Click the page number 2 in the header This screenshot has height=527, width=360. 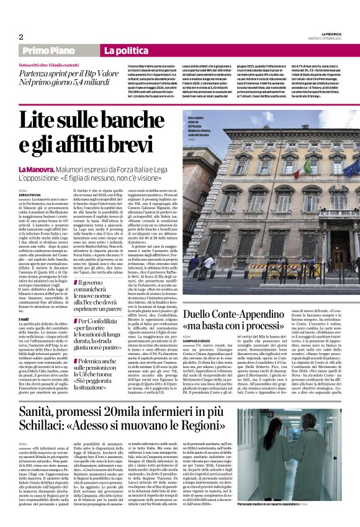[x=20, y=37]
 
